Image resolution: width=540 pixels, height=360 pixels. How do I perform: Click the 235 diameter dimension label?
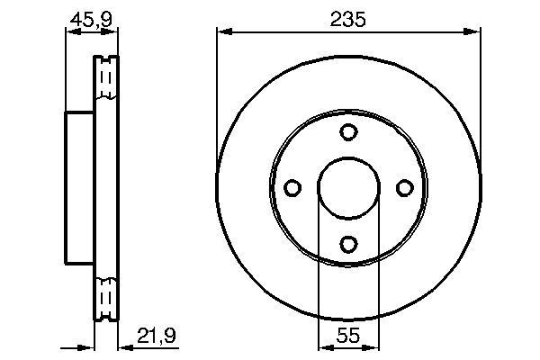point(347,19)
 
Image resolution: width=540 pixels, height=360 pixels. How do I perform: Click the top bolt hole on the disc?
point(348,132)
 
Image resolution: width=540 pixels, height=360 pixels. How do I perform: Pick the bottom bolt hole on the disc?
point(348,243)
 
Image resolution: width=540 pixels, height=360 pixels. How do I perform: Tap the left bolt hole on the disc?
point(292,187)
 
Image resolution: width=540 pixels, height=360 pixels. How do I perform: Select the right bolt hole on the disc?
point(404,187)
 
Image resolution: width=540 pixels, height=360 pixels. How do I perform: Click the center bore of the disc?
point(348,187)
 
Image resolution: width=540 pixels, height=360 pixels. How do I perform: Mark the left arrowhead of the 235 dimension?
point(222,33)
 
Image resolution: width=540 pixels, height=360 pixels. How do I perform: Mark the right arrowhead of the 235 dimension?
point(473,33)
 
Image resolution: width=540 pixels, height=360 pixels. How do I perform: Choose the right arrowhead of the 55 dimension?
point(373,346)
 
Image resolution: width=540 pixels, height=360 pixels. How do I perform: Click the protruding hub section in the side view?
point(79,187)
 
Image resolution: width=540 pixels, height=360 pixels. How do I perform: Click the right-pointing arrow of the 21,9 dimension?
point(88,346)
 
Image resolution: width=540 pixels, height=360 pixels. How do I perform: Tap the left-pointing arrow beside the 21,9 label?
point(125,346)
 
